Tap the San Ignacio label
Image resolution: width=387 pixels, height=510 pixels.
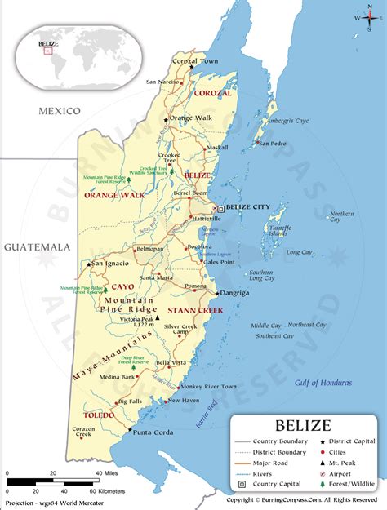(109, 264)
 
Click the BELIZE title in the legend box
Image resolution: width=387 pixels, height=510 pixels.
(303, 425)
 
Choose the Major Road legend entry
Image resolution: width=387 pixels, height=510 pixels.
(273, 462)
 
